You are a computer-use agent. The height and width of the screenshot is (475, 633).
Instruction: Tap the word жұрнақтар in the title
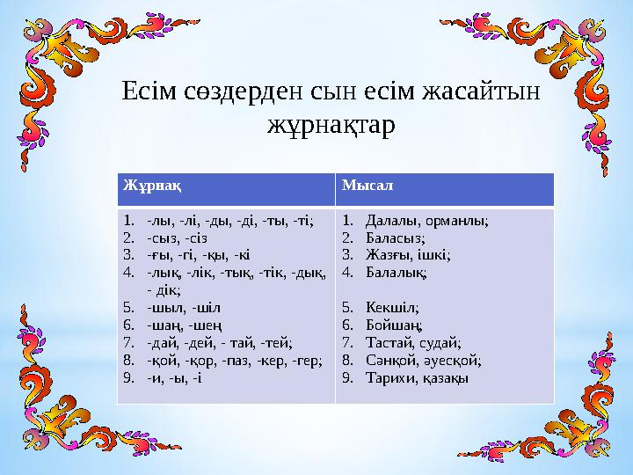(x=330, y=125)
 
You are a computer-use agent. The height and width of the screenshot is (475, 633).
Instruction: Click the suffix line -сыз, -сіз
(x=178, y=237)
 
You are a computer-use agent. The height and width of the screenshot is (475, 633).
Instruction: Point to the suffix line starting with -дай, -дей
(x=221, y=343)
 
